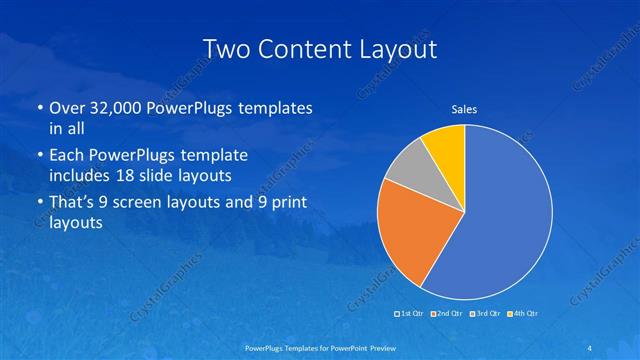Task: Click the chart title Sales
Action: (464, 109)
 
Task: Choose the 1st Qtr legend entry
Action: (411, 314)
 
